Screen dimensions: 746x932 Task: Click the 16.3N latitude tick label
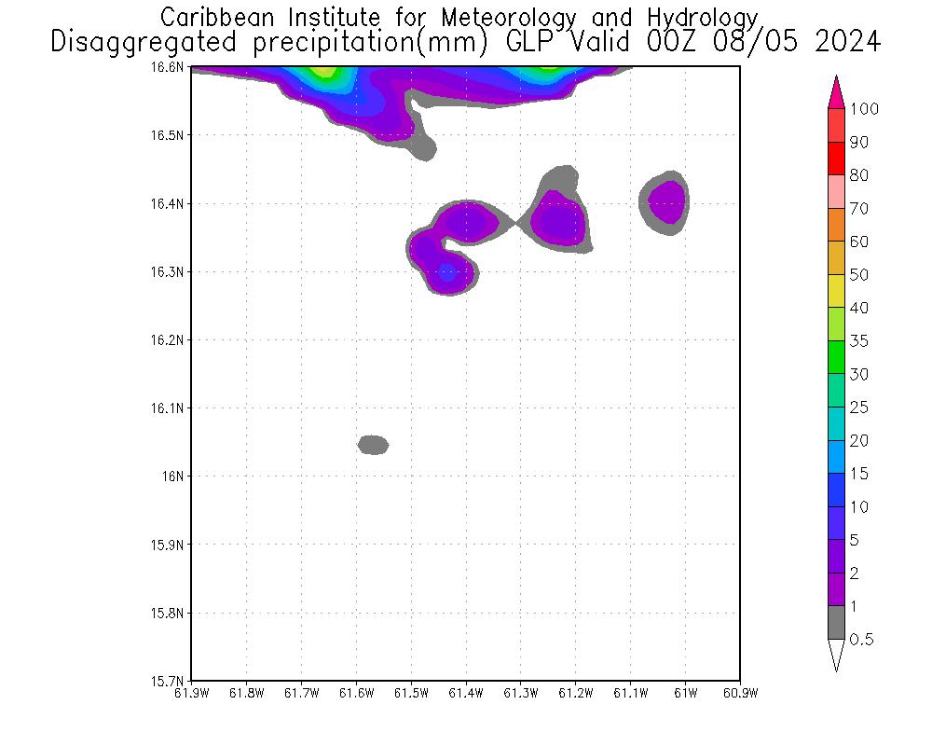[x=171, y=272]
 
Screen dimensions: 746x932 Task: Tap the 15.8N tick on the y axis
[x=171, y=614]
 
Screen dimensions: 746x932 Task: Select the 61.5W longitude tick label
[x=411, y=693]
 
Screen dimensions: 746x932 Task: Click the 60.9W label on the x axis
[x=740, y=693]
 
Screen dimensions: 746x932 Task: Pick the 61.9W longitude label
[x=191, y=693]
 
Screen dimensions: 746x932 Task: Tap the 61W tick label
[x=685, y=693]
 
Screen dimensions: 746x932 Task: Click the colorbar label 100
[x=864, y=109]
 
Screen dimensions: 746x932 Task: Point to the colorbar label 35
[x=858, y=341]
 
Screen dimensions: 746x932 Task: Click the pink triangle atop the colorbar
[x=836, y=92]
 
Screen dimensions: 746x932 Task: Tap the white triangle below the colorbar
[x=836, y=655]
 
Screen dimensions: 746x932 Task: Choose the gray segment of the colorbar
[x=836, y=623]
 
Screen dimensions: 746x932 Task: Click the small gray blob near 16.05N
[x=373, y=445]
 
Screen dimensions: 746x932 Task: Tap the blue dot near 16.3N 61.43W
[x=447, y=273]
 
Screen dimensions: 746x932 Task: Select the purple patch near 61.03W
[x=668, y=200]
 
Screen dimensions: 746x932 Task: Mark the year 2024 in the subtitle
[x=845, y=43]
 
